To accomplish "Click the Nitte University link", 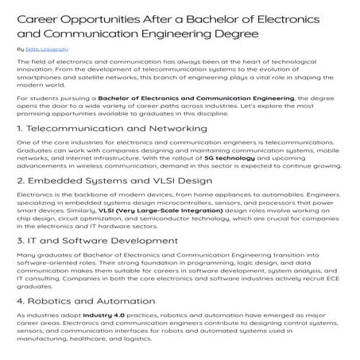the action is point(45,49).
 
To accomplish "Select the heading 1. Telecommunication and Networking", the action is point(110,128).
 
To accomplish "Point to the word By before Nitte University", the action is point(21,49).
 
